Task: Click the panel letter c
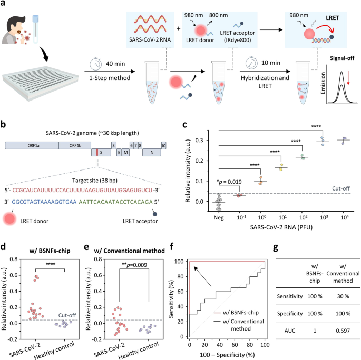click(184, 125)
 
